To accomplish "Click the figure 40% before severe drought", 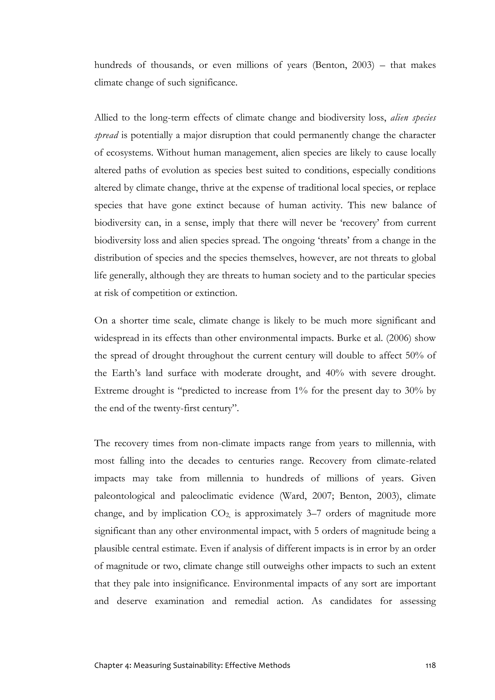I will coord(335,374).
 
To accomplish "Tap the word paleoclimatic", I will coord(206,496).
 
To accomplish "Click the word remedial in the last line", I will coord(252,601).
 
